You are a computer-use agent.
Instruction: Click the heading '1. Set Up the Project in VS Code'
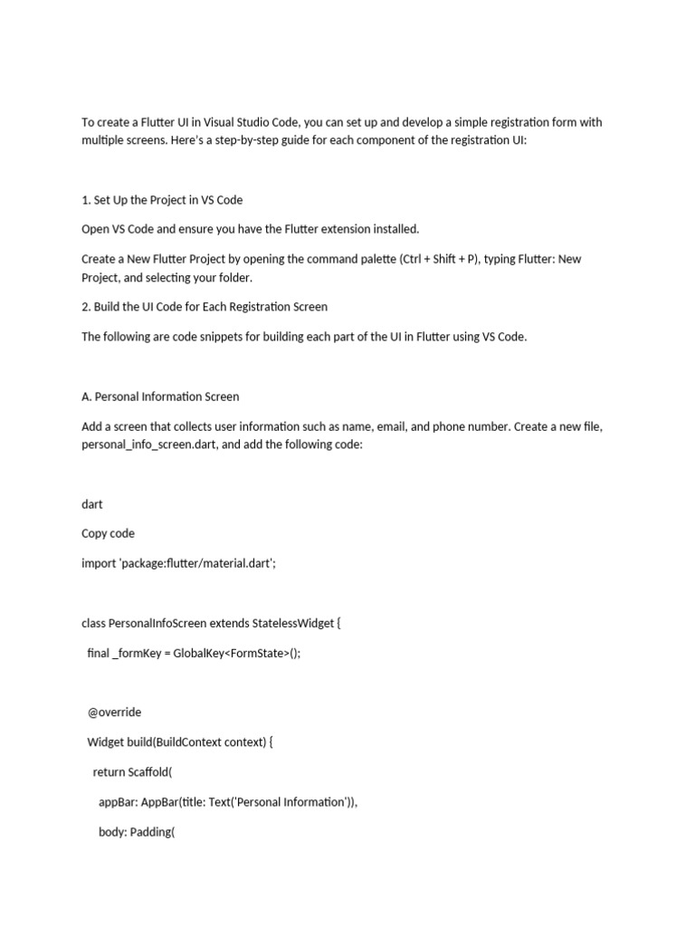(x=162, y=199)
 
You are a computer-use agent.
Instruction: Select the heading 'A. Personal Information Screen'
(x=160, y=397)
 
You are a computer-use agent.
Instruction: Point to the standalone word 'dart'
(x=92, y=503)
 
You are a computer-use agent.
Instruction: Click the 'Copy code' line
(x=108, y=533)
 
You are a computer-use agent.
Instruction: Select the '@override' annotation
(x=114, y=712)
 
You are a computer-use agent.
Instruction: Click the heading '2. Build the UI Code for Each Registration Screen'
(x=205, y=307)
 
